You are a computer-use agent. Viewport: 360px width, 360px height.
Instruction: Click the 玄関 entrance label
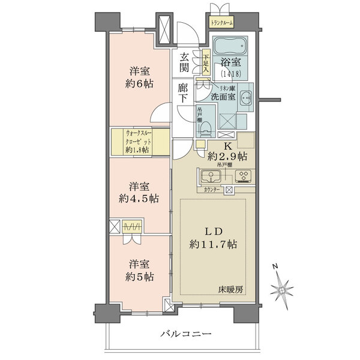pyautogui.click(x=185, y=62)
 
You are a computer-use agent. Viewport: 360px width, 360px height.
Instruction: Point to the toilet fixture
pyautogui.click(x=205, y=126)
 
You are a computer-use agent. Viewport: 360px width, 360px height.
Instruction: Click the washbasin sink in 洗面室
pyautogui.click(x=245, y=101)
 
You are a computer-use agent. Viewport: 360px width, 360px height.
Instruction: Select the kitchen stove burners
pyautogui.click(x=244, y=176)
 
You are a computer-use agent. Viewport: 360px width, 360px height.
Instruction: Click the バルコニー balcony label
pyautogui.click(x=185, y=334)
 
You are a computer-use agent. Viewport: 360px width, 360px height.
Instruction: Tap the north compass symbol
pyautogui.click(x=282, y=289)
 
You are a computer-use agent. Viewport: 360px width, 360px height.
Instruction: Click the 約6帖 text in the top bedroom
pyautogui.click(x=139, y=83)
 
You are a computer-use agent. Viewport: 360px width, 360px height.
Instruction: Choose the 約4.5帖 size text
pyautogui.click(x=138, y=198)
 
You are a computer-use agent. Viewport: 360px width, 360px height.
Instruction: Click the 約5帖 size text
pyautogui.click(x=139, y=277)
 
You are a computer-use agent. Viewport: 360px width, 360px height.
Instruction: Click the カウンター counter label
pyautogui.click(x=212, y=190)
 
